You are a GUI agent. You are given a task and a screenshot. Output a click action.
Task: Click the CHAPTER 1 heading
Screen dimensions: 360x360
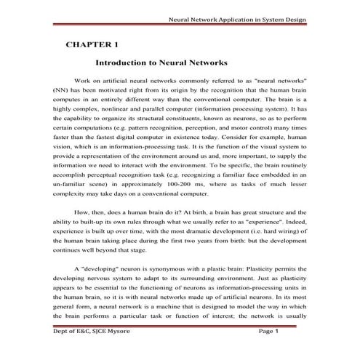pyautogui.click(x=93, y=45)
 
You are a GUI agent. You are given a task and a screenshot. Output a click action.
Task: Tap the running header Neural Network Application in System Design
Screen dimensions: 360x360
pyautogui.click(x=237, y=20)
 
